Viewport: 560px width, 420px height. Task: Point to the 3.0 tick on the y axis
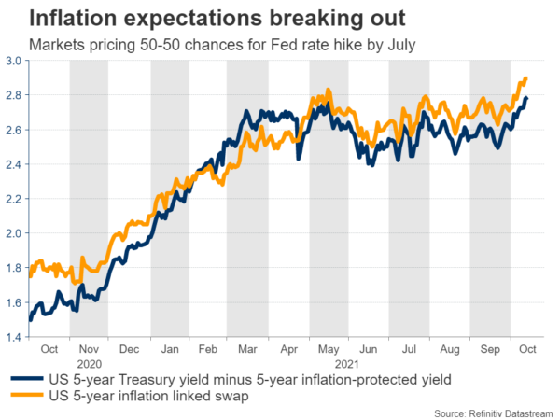[x=16, y=61]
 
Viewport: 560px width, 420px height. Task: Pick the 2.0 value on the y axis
[x=16, y=233]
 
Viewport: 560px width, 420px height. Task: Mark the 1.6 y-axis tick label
[x=16, y=302]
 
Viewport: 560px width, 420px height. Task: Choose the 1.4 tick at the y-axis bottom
[x=16, y=337]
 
